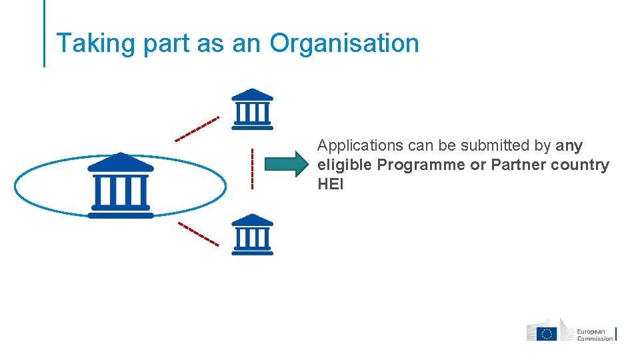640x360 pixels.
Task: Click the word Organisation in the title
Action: click(344, 43)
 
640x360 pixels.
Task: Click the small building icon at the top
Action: click(252, 109)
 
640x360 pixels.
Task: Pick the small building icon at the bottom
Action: click(252, 234)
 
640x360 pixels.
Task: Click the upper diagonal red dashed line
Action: click(197, 129)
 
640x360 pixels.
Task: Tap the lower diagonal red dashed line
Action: click(199, 233)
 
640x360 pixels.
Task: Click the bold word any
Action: click(569, 145)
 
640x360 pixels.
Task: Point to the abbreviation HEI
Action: click(331, 184)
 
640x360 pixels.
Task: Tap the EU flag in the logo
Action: click(548, 333)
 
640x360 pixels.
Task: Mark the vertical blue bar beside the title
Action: click(45, 33)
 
